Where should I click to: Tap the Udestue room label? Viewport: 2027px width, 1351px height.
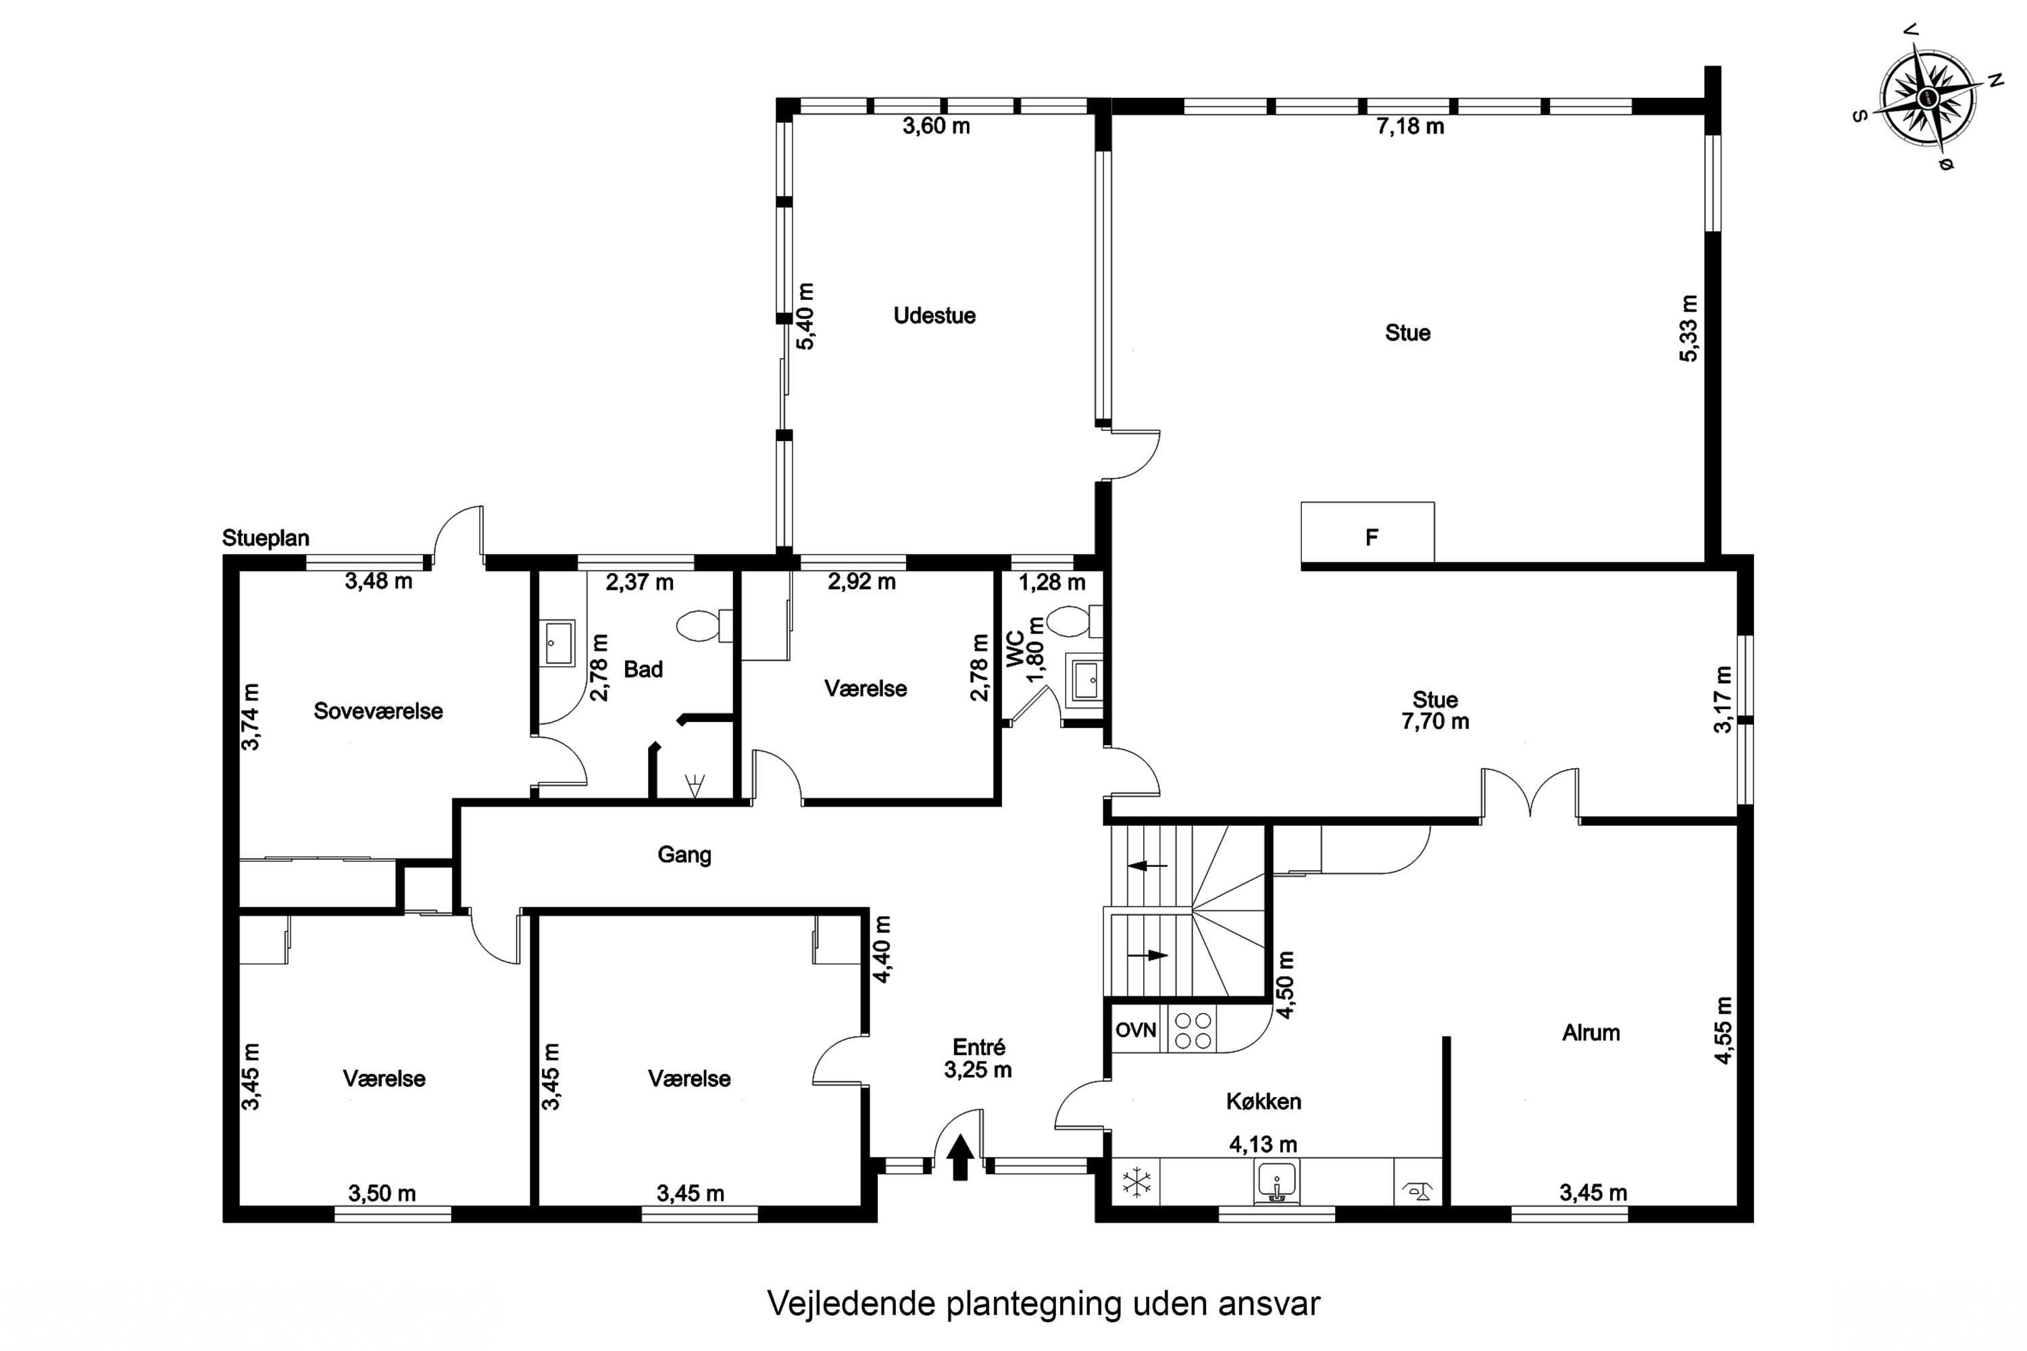(934, 315)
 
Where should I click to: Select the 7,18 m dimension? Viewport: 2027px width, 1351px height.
(1410, 127)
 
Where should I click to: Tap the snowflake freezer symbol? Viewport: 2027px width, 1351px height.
(1136, 1182)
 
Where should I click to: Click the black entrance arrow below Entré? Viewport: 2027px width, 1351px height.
(961, 1157)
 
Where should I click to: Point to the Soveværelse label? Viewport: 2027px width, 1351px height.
(378, 711)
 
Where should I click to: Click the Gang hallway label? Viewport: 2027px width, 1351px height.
(684, 855)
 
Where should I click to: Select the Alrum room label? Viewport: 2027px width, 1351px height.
(1591, 1032)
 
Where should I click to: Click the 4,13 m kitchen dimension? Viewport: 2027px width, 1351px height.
(1263, 1144)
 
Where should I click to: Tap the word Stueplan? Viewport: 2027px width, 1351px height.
(266, 538)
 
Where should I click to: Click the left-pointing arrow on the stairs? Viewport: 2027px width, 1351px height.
(1147, 865)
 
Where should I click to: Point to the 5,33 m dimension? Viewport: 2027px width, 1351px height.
(1689, 328)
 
